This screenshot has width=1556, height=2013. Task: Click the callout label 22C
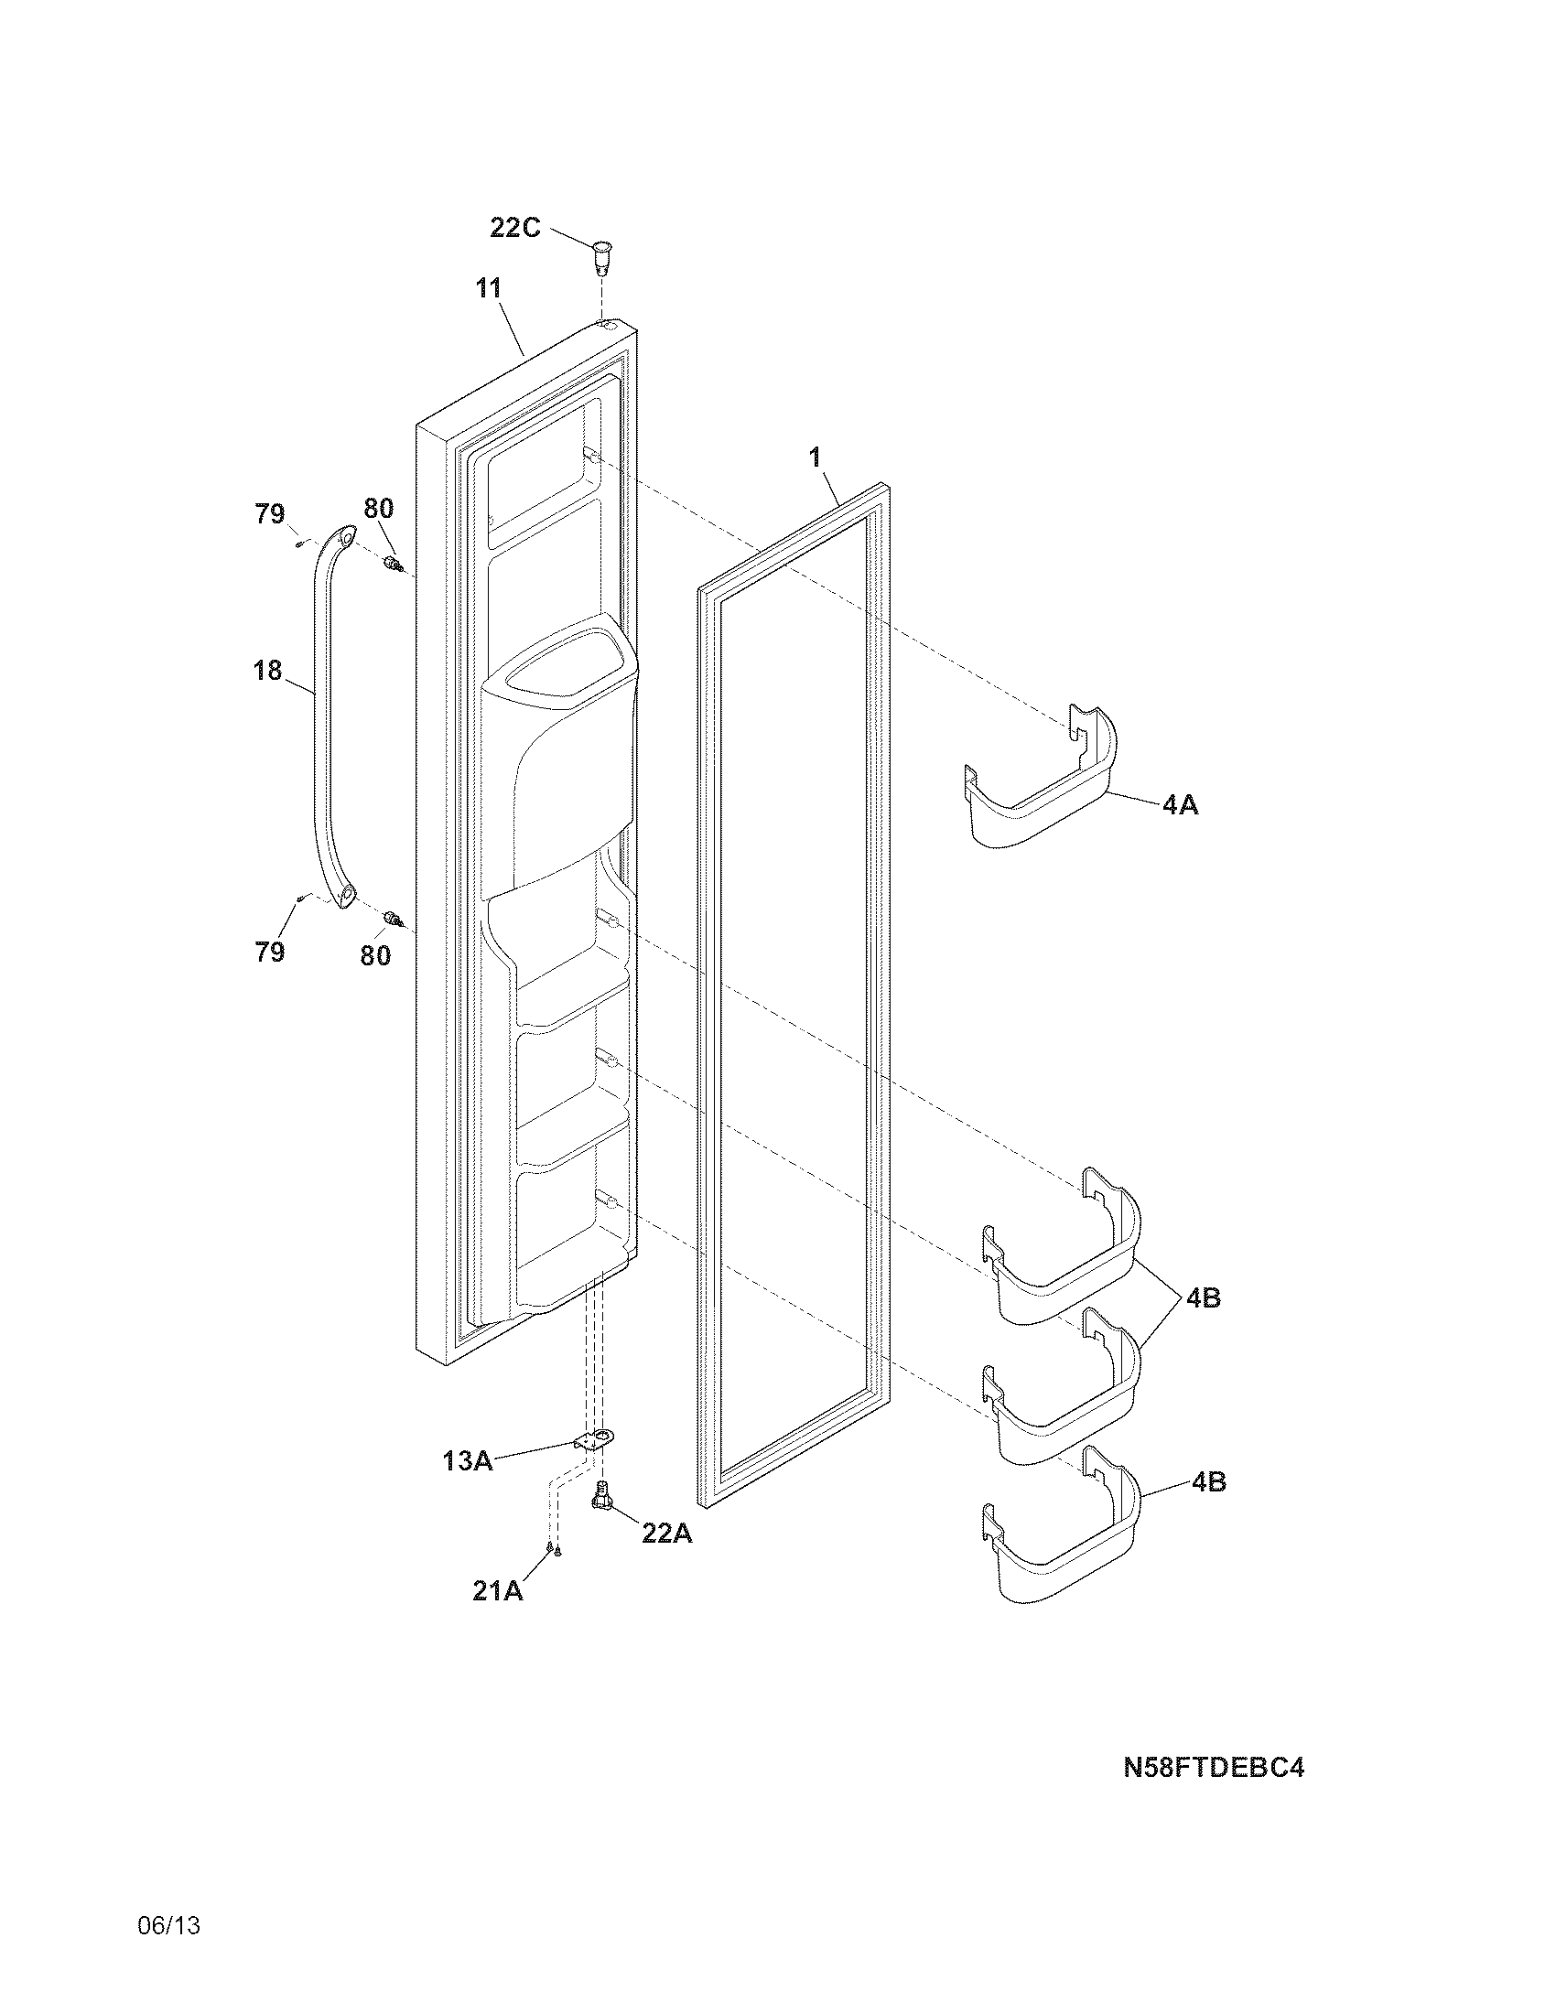coord(514,227)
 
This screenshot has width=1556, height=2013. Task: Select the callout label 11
coord(489,288)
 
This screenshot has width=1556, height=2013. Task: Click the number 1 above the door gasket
coord(815,457)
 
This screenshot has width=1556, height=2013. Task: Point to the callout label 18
coord(267,670)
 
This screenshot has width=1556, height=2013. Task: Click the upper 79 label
coord(270,513)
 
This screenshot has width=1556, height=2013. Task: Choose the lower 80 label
coord(375,956)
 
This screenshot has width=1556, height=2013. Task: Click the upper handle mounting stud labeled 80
coord(393,563)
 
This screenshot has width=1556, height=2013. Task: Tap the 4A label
coord(1180,804)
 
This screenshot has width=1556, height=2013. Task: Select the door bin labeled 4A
coord(1042,783)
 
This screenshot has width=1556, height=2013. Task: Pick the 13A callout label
coord(468,1460)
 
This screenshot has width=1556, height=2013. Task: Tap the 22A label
coord(666,1533)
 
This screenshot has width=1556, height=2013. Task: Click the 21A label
coord(497,1590)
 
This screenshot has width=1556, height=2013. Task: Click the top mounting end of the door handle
coord(344,535)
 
